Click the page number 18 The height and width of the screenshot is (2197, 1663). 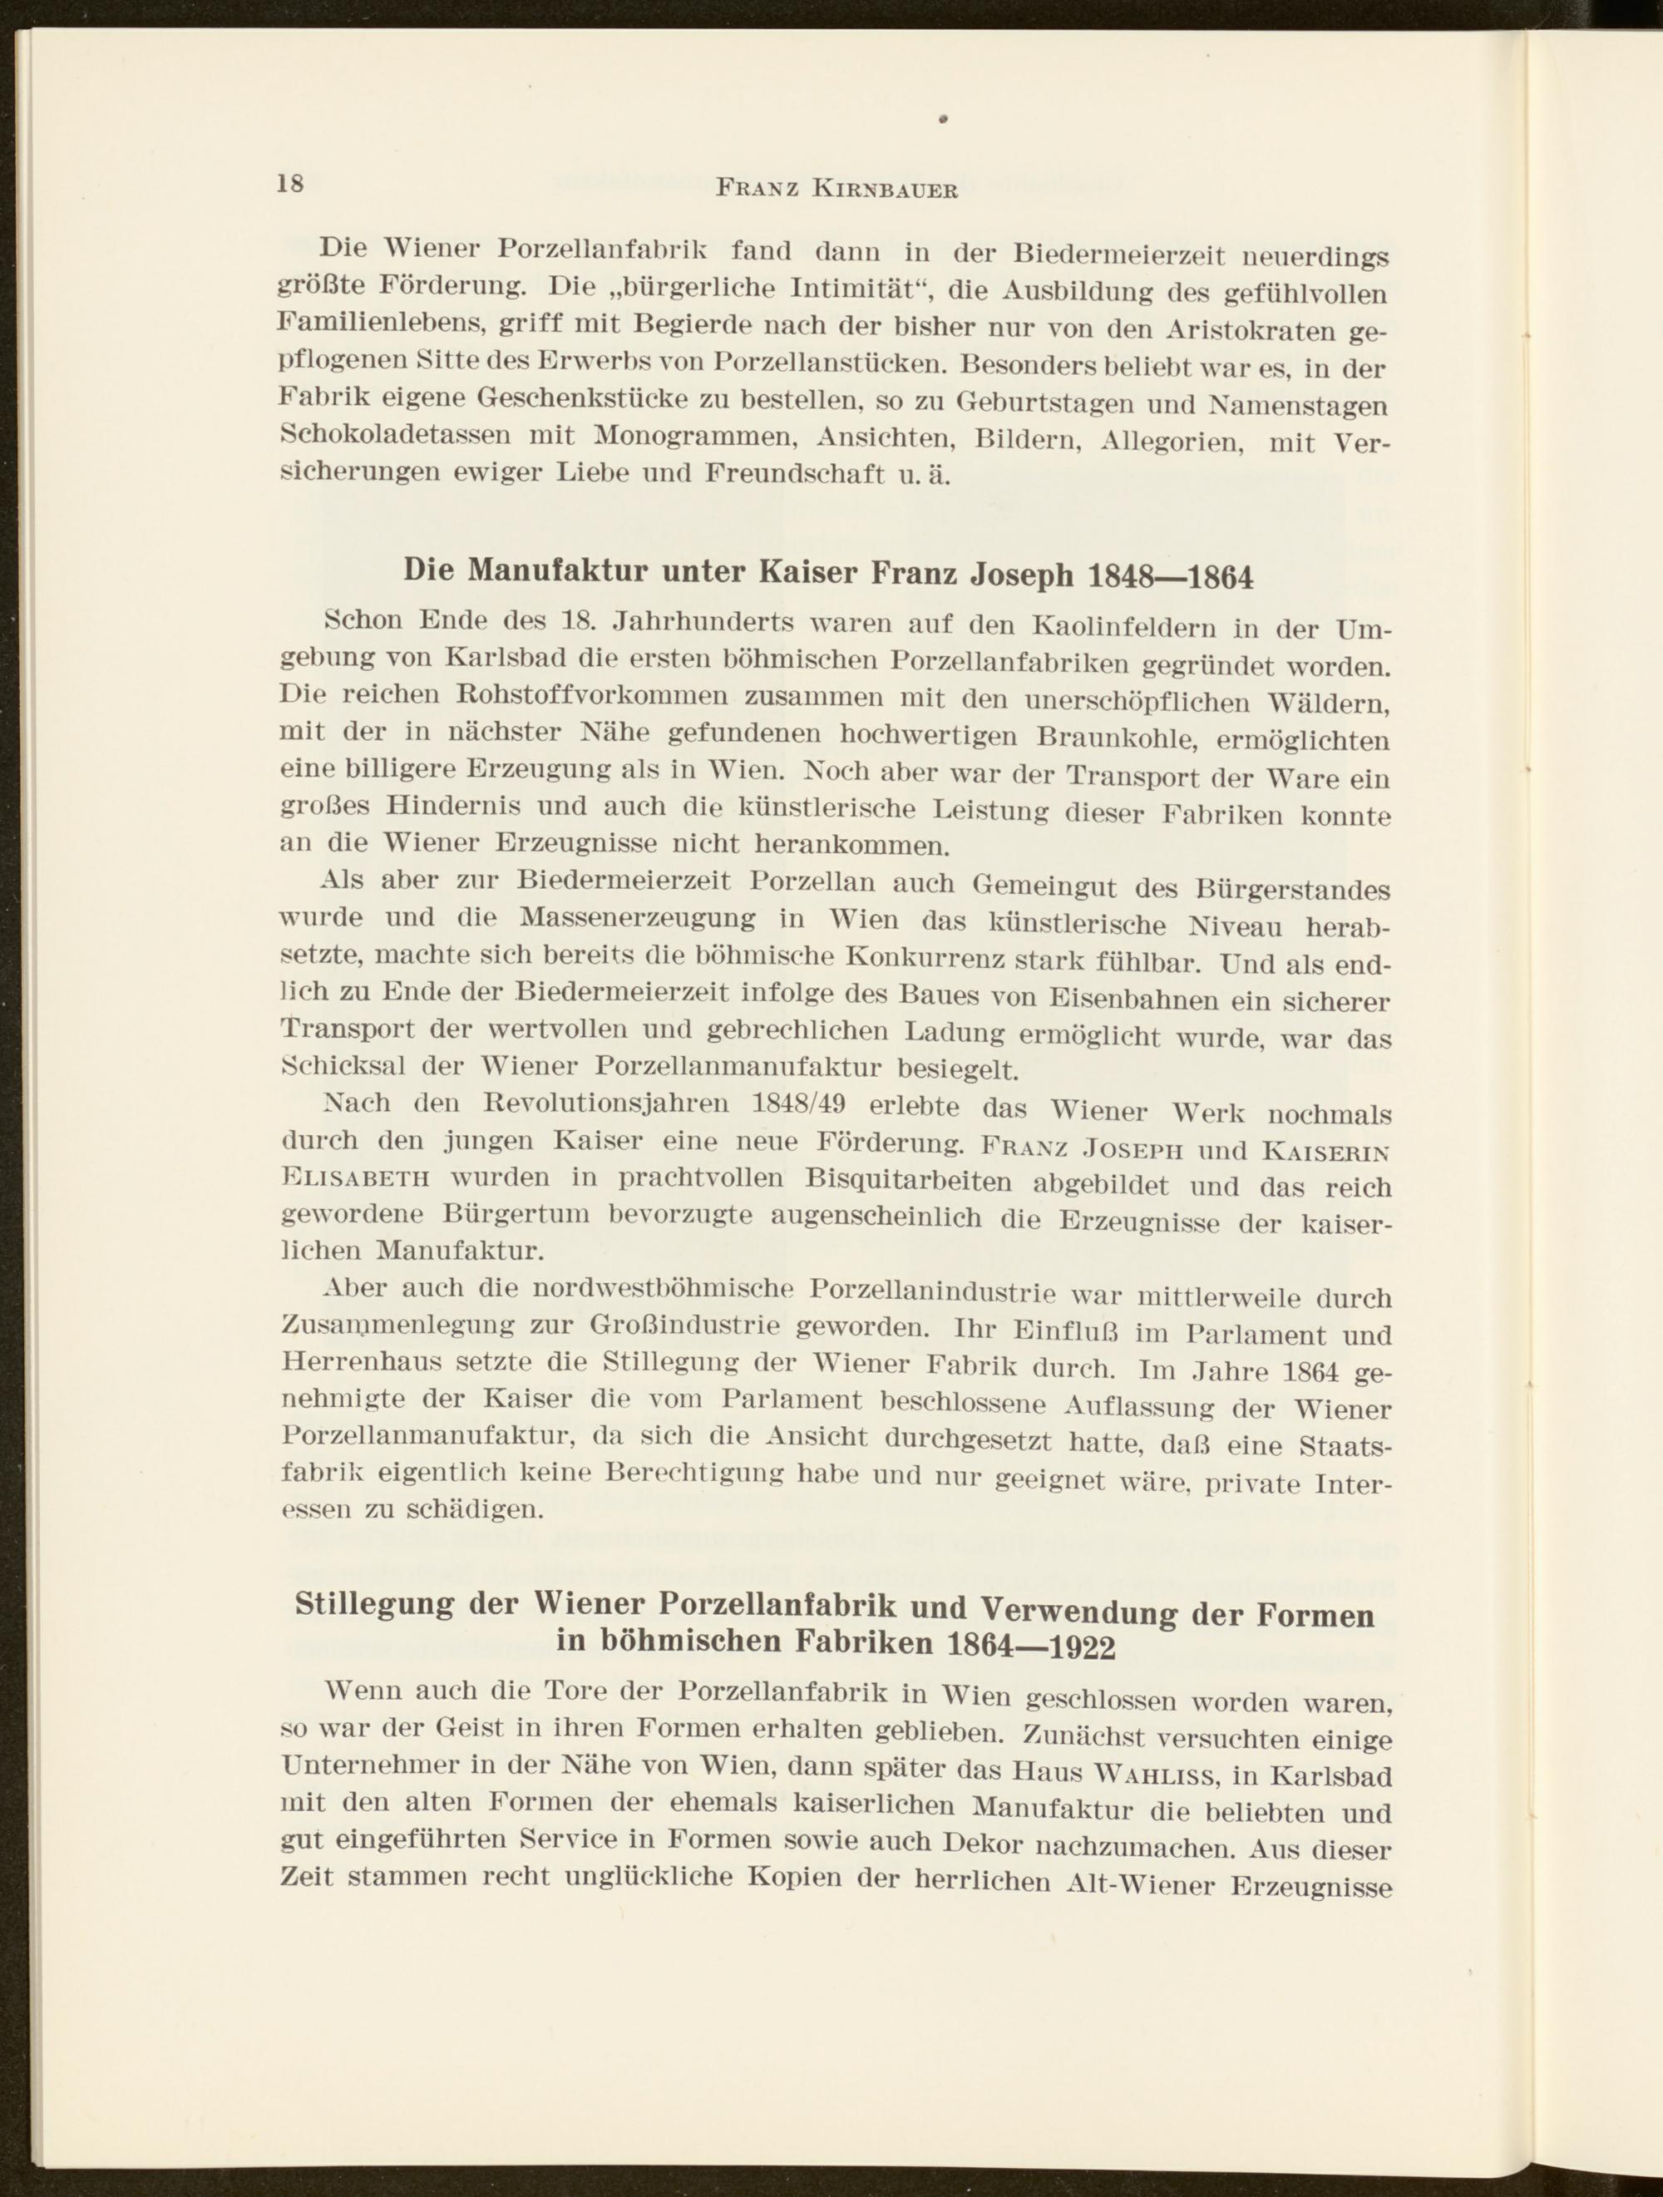click(x=290, y=184)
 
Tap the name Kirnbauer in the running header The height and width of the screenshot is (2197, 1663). click(x=886, y=189)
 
